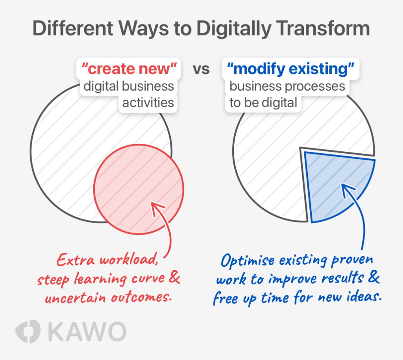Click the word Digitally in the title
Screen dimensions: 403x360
234,29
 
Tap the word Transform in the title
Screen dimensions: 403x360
323,28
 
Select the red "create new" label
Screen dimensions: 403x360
129,69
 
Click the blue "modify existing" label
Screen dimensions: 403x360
290,69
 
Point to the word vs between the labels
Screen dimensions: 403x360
201,69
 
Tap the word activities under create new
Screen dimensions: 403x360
148,102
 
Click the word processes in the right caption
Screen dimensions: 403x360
318,86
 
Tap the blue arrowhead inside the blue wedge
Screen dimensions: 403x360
347,189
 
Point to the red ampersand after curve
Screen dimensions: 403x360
174,277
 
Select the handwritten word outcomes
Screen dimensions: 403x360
141,297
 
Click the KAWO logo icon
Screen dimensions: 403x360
28,332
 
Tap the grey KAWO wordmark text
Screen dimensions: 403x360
87,332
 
